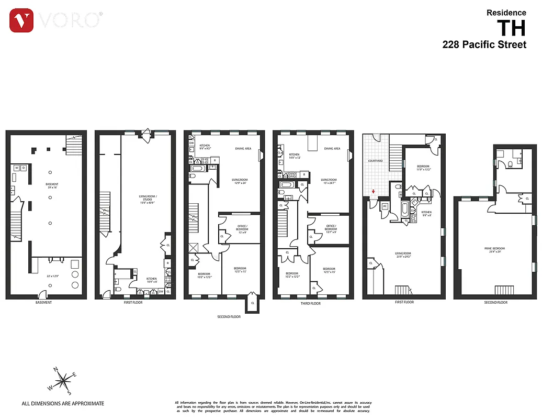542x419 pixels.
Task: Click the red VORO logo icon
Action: pos(21,20)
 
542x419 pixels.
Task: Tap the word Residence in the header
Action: pos(506,13)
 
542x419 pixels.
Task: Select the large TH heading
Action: pos(511,28)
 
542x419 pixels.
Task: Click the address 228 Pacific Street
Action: pos(484,45)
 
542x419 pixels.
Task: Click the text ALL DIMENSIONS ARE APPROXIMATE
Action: pos(63,403)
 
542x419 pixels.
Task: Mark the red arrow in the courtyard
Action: pos(373,192)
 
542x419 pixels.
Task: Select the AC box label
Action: pos(385,206)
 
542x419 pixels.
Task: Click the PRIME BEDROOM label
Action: pos(494,248)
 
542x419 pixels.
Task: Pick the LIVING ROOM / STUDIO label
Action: pos(148,196)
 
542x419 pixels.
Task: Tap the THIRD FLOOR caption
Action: pos(312,303)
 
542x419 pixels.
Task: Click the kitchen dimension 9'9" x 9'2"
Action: pos(205,149)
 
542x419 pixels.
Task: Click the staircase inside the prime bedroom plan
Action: pos(505,291)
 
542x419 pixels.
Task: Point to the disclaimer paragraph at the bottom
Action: pos(272,406)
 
